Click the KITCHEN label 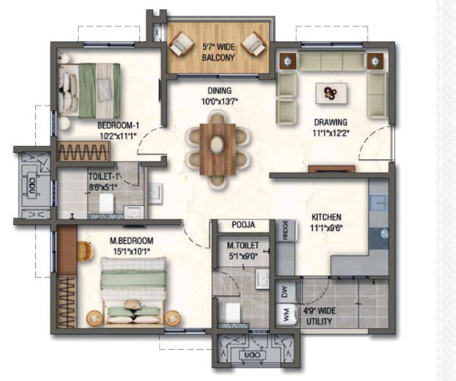pyautogui.click(x=326, y=218)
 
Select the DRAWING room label pyautogui.click(x=332, y=123)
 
